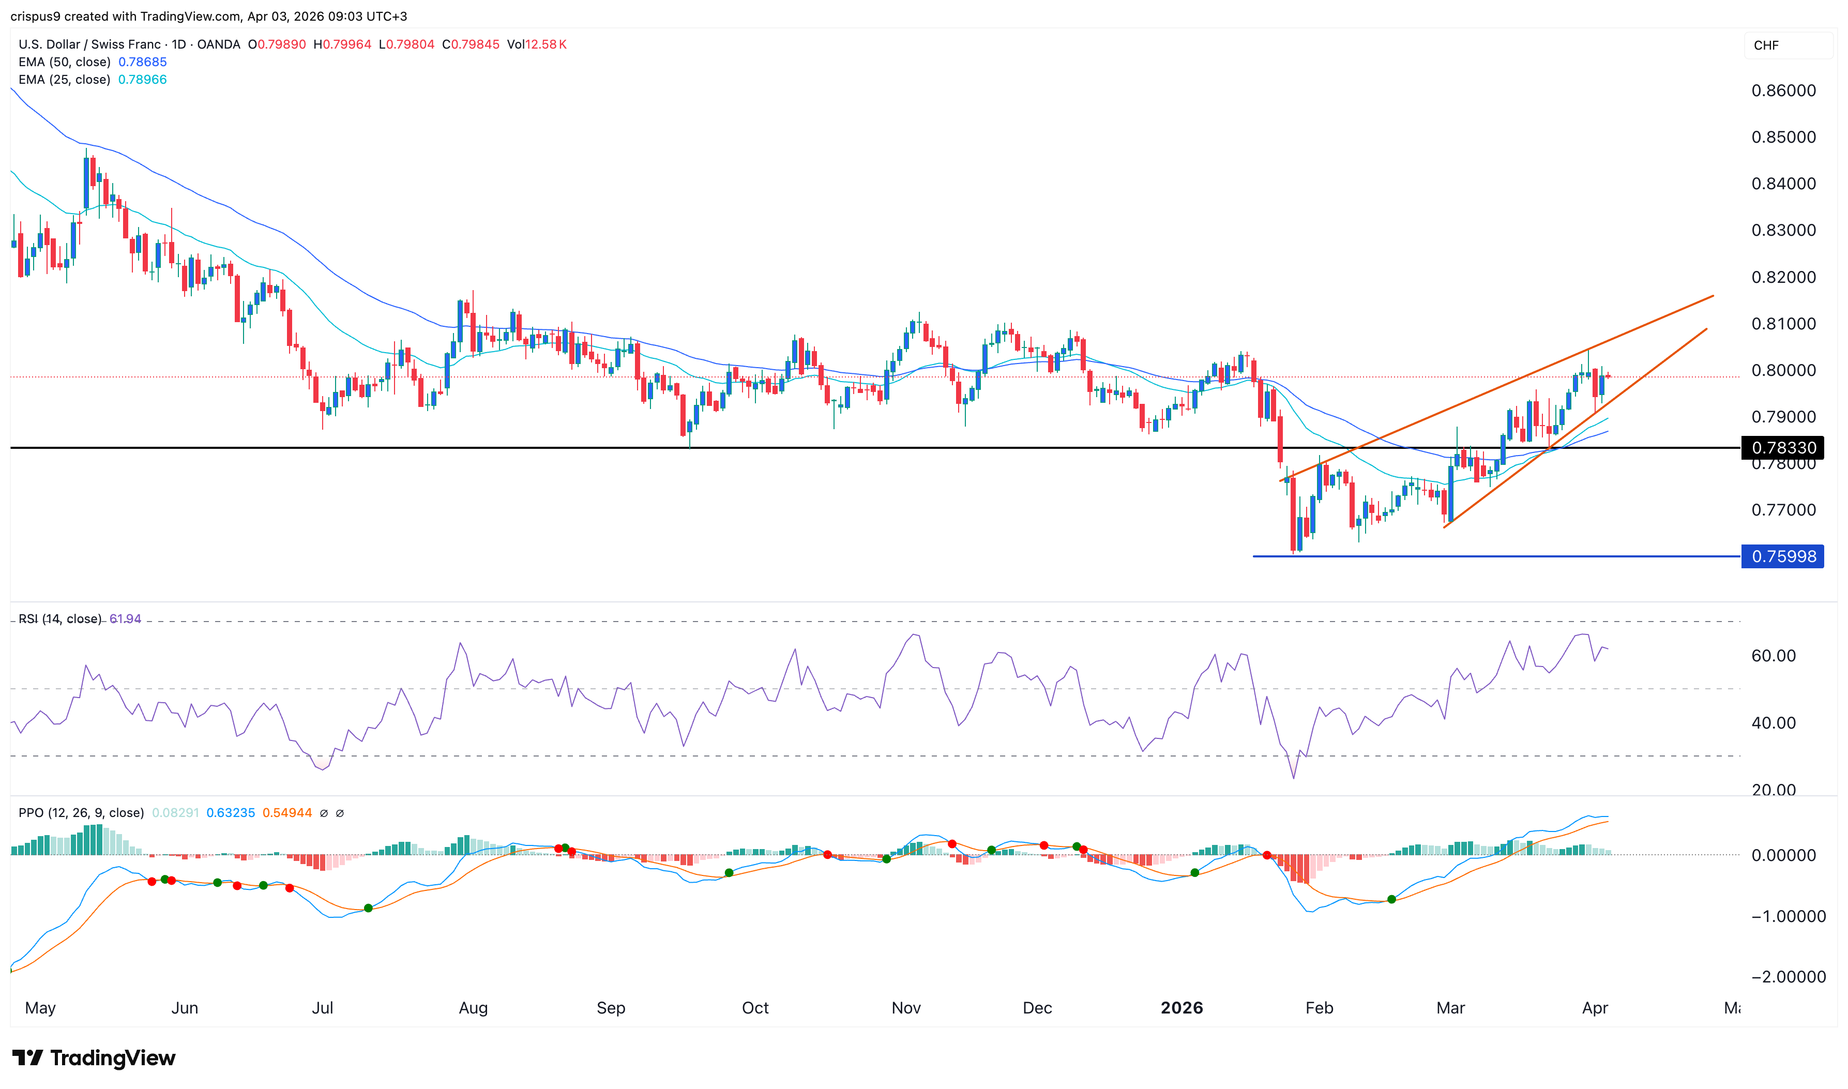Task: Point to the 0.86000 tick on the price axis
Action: coord(1783,91)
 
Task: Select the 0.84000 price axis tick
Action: coord(1783,184)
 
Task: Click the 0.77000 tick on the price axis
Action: coord(1783,510)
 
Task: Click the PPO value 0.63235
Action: coord(231,813)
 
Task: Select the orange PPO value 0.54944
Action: coord(287,813)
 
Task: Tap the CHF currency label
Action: coord(1766,46)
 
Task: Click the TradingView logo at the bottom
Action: coord(94,1058)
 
